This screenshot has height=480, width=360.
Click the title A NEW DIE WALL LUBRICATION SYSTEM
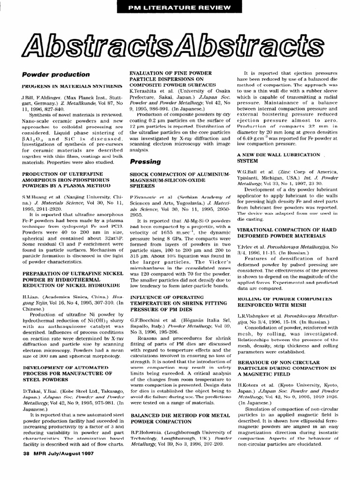[271, 157]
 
